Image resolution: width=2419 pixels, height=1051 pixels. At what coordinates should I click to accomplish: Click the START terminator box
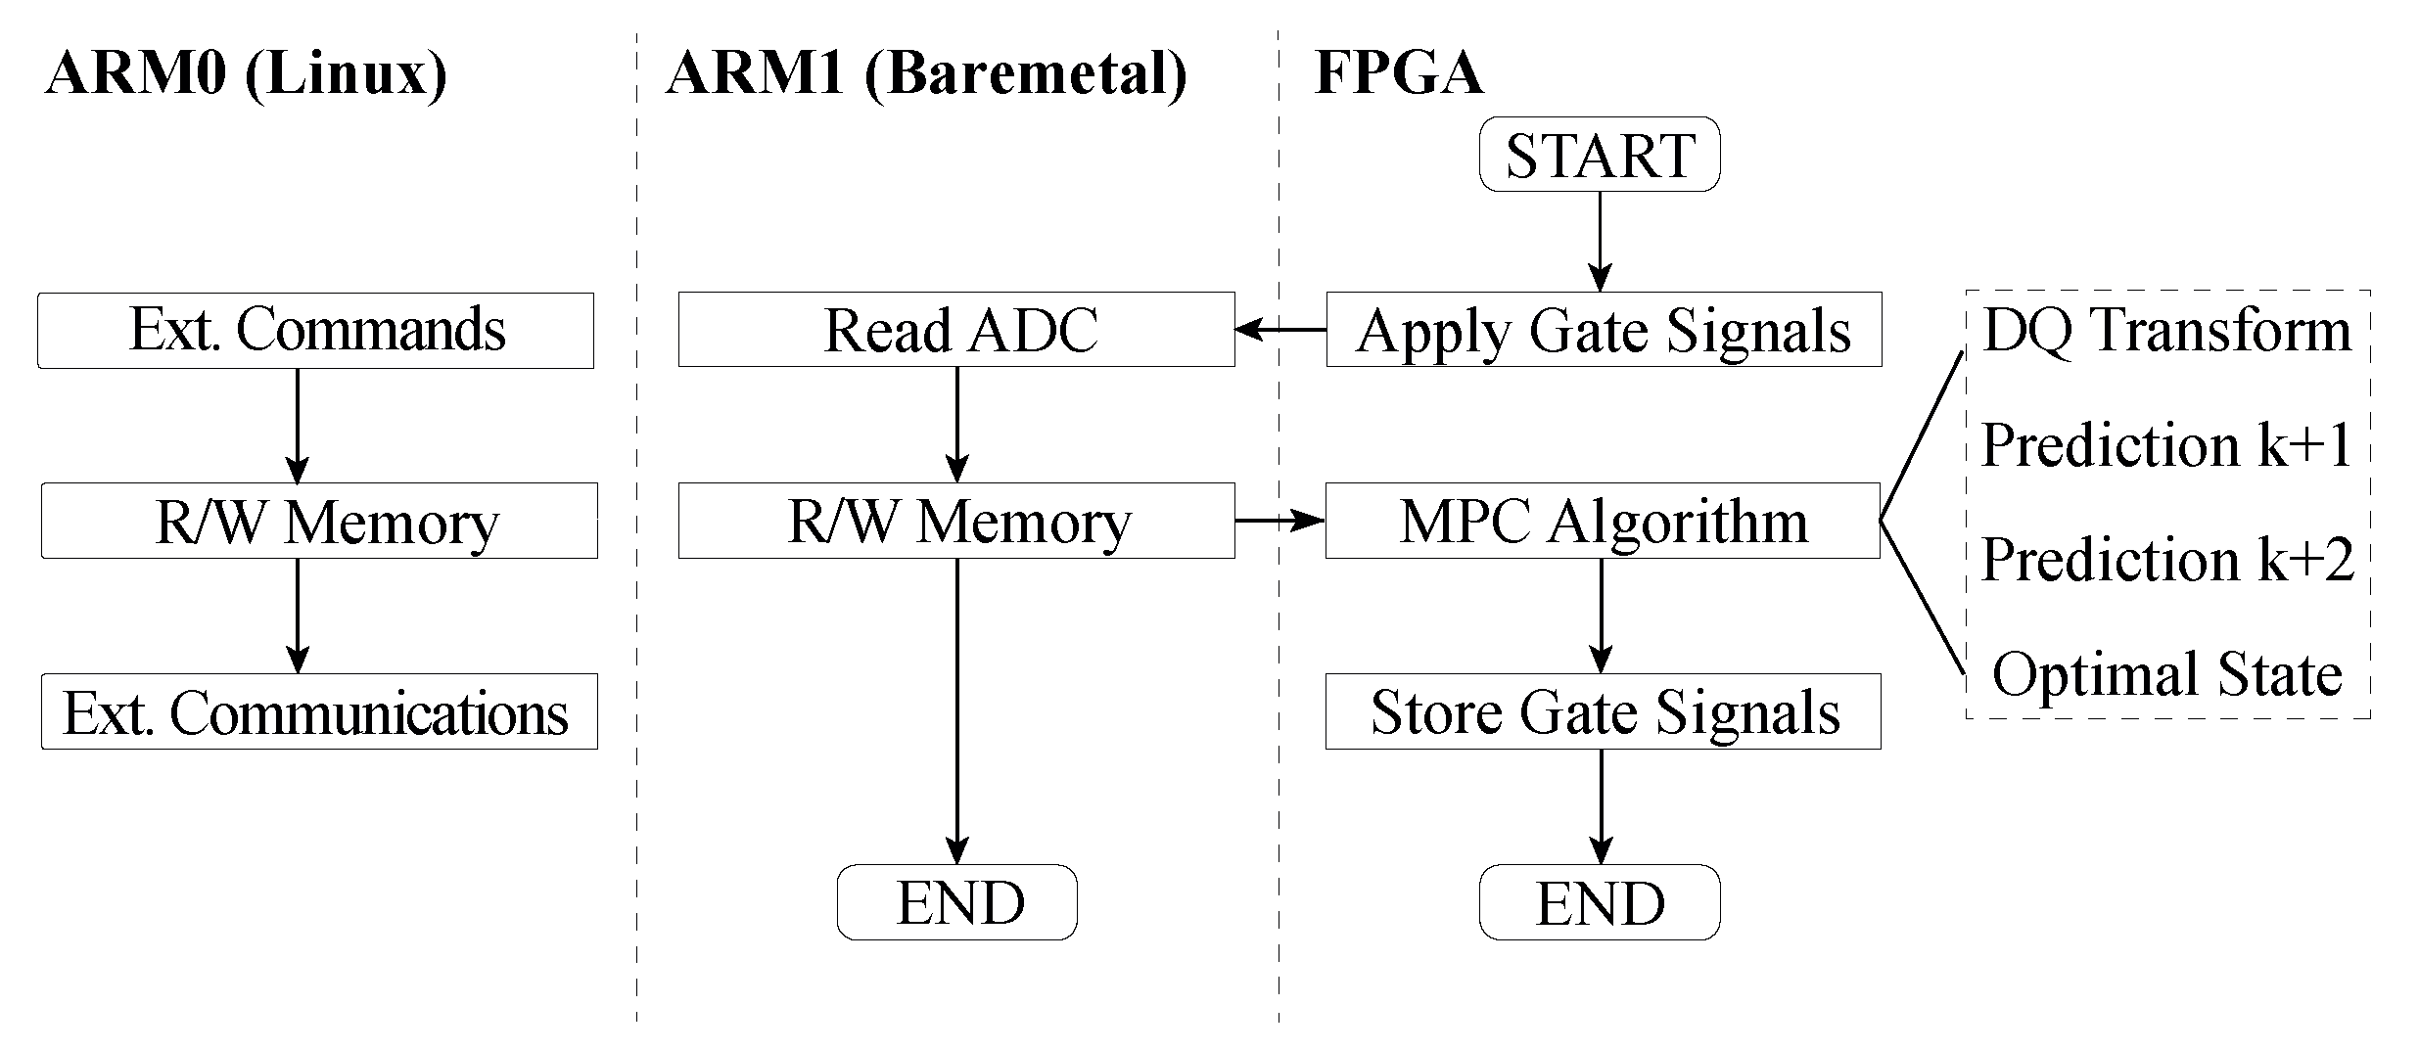[x=1599, y=155]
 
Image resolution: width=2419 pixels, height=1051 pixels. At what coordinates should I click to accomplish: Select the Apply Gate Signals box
[x=1604, y=330]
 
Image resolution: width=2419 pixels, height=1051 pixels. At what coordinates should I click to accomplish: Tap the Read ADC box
[x=956, y=330]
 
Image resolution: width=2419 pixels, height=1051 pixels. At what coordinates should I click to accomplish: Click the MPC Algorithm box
[x=1603, y=521]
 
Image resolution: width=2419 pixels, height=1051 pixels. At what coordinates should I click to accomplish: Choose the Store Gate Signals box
[x=1603, y=711]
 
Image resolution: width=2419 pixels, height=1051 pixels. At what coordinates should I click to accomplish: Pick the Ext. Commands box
[x=315, y=330]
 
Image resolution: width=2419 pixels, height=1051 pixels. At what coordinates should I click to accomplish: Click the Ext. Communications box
[x=319, y=711]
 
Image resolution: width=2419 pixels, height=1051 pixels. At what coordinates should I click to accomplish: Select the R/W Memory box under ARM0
[x=319, y=521]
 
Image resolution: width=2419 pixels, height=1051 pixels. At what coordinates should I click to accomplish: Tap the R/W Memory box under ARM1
[x=956, y=521]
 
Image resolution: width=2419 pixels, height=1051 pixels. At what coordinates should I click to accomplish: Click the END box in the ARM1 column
[x=956, y=902]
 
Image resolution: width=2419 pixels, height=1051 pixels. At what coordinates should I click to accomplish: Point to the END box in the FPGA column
[x=1599, y=902]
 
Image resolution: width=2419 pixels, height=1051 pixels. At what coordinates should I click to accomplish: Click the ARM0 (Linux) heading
[x=246, y=73]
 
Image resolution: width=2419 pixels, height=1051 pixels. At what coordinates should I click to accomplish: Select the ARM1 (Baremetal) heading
[x=926, y=73]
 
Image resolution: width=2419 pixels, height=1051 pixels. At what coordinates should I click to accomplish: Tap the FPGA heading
[x=1398, y=73]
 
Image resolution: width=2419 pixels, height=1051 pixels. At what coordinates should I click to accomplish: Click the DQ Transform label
[x=2166, y=330]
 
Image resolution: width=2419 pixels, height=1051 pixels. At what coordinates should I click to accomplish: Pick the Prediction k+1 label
[x=2166, y=445]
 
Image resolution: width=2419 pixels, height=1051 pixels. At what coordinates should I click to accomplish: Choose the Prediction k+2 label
[x=2166, y=560]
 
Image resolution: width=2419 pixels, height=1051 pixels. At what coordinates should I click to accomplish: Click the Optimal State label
[x=2166, y=674]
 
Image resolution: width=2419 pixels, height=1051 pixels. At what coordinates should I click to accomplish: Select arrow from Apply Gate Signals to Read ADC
[x=1280, y=330]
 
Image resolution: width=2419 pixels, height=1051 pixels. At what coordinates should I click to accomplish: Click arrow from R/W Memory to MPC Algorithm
[x=1280, y=521]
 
